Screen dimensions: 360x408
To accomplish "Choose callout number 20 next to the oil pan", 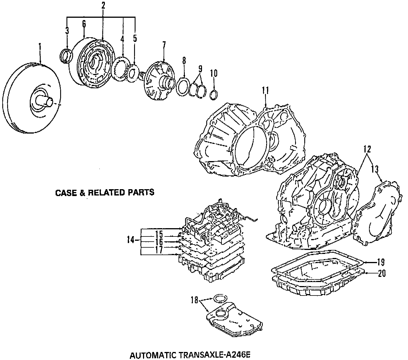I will tap(382, 273).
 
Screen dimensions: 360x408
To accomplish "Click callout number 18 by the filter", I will tap(195, 300).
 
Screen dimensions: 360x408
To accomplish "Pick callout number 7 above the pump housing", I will tap(164, 45).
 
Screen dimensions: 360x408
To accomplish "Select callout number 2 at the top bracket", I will tap(103, 5).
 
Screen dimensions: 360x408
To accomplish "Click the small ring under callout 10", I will tap(214, 95).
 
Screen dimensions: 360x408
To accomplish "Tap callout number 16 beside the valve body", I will tap(159, 242).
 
